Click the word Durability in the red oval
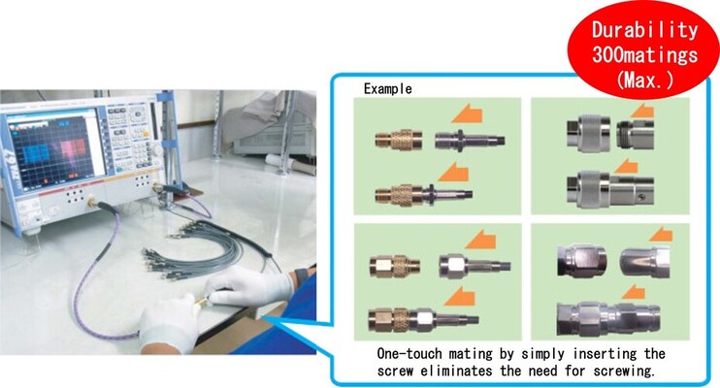point(644,30)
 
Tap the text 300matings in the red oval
point(644,55)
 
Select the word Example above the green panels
point(387,88)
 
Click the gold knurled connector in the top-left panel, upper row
point(399,139)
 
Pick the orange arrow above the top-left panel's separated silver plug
point(468,113)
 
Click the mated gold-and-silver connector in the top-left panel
point(423,194)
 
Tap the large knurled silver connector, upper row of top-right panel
point(589,133)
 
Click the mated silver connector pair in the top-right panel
point(609,189)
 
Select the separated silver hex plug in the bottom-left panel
point(475,266)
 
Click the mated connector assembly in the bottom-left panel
point(423,319)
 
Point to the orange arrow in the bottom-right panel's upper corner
point(661,235)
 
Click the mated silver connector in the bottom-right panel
point(608,317)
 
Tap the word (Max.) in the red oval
point(645,80)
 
